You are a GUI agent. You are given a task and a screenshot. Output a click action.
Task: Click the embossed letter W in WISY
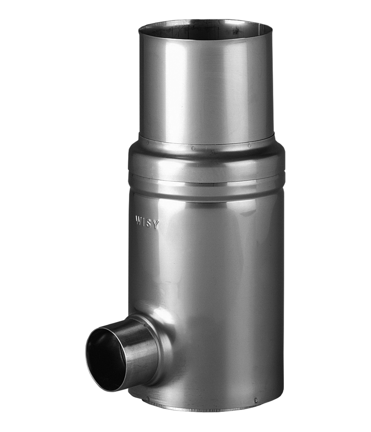coord(139,220)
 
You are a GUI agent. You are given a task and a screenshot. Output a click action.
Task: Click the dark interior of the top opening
coord(206,31)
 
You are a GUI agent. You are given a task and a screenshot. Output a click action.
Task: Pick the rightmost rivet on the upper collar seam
coord(249,145)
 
